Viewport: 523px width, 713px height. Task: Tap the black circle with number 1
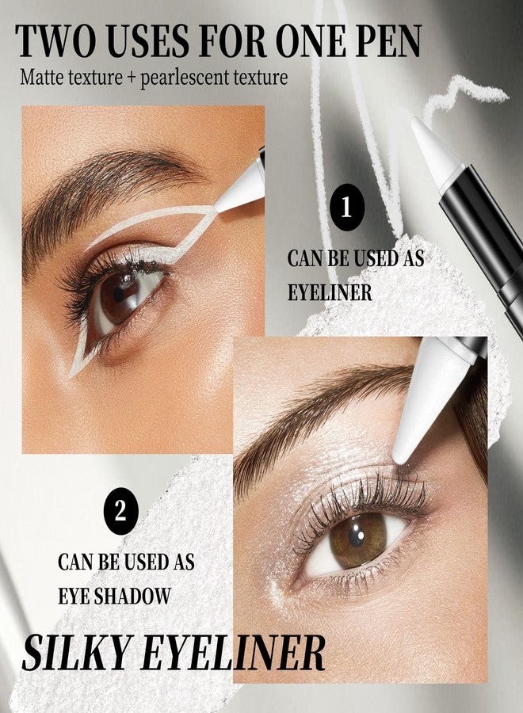pyautogui.click(x=347, y=208)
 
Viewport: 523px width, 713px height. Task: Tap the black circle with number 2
pyautogui.click(x=120, y=511)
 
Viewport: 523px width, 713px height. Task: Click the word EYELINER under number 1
pyautogui.click(x=330, y=292)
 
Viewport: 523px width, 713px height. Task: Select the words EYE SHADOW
pyautogui.click(x=114, y=595)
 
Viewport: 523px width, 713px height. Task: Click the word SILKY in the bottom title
pyautogui.click(x=76, y=652)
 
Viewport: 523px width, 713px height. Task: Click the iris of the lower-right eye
pyautogui.click(x=358, y=542)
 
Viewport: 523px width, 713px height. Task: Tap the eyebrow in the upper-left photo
pyautogui.click(x=105, y=191)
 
